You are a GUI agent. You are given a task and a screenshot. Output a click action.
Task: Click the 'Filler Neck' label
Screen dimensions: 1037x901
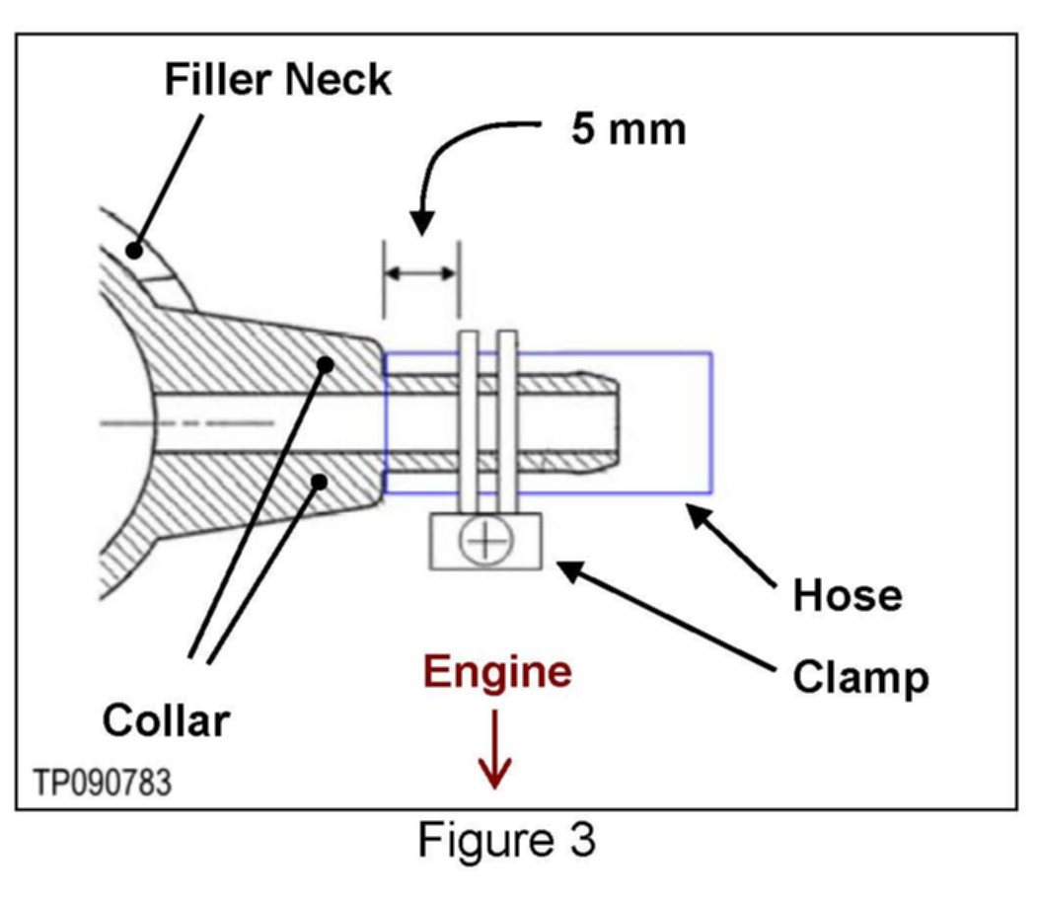tap(278, 79)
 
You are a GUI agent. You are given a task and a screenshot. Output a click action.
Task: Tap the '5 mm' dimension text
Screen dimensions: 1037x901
tap(629, 128)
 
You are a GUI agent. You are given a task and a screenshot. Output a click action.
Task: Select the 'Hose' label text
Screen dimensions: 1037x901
tap(848, 595)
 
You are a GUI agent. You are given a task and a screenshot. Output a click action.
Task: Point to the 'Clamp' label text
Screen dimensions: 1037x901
tap(861, 677)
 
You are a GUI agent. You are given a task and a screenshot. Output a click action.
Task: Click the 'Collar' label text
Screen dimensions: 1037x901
tap(166, 719)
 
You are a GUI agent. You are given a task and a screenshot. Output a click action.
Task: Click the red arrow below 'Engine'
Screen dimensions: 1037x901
tap(494, 749)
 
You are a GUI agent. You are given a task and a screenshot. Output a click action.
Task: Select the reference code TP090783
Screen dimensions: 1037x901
tap(103, 783)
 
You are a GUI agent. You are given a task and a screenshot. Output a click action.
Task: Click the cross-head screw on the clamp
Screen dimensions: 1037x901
tap(485, 541)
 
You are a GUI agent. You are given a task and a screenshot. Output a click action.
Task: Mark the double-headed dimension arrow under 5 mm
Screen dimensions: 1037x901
tap(421, 273)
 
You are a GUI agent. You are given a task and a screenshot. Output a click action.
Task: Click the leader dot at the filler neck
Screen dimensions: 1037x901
tap(134, 251)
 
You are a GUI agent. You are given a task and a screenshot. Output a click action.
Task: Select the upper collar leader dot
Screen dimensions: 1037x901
tap(326, 363)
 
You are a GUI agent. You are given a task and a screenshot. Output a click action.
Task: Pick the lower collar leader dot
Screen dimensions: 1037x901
tap(320, 481)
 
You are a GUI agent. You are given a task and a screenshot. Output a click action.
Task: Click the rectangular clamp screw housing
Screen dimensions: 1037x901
tap(485, 541)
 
